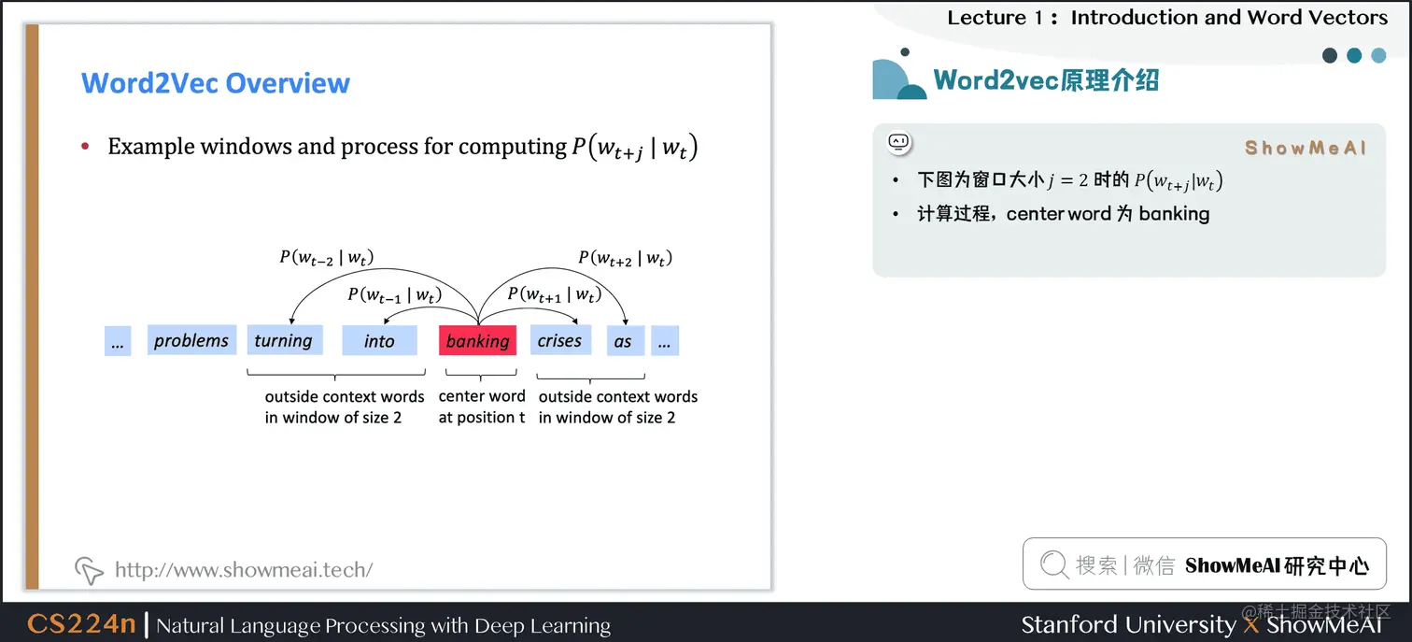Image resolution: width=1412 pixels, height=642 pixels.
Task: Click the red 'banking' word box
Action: [477, 340]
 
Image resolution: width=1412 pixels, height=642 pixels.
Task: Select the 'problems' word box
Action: [191, 340]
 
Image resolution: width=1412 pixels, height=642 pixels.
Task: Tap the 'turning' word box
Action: [283, 340]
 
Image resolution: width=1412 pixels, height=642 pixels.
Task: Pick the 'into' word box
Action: [379, 340]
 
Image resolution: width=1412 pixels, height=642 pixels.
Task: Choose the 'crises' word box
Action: [559, 340]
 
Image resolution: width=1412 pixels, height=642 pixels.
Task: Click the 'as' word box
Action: [623, 340]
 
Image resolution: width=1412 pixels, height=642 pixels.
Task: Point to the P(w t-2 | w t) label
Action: [327, 257]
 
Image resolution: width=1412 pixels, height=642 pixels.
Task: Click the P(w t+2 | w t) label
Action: [625, 257]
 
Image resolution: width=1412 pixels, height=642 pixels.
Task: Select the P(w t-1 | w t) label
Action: [394, 295]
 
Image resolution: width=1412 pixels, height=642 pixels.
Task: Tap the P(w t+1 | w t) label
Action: [554, 295]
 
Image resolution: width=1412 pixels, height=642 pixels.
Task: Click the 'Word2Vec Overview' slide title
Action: [216, 83]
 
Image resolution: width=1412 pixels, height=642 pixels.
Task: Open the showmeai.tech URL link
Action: [244, 569]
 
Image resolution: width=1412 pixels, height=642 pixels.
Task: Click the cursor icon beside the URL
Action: [89, 569]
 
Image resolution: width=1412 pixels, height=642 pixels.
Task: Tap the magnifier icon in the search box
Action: [1053, 564]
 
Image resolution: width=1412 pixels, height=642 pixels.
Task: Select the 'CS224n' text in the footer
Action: [81, 624]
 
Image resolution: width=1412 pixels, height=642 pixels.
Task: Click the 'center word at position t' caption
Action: [482, 407]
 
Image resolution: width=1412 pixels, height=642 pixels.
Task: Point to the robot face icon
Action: [898, 143]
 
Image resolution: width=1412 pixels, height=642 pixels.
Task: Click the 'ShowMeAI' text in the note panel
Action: [1306, 148]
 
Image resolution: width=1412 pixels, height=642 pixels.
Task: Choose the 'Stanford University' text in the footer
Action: [1128, 624]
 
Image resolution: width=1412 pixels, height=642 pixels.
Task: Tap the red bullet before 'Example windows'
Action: [86, 147]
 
